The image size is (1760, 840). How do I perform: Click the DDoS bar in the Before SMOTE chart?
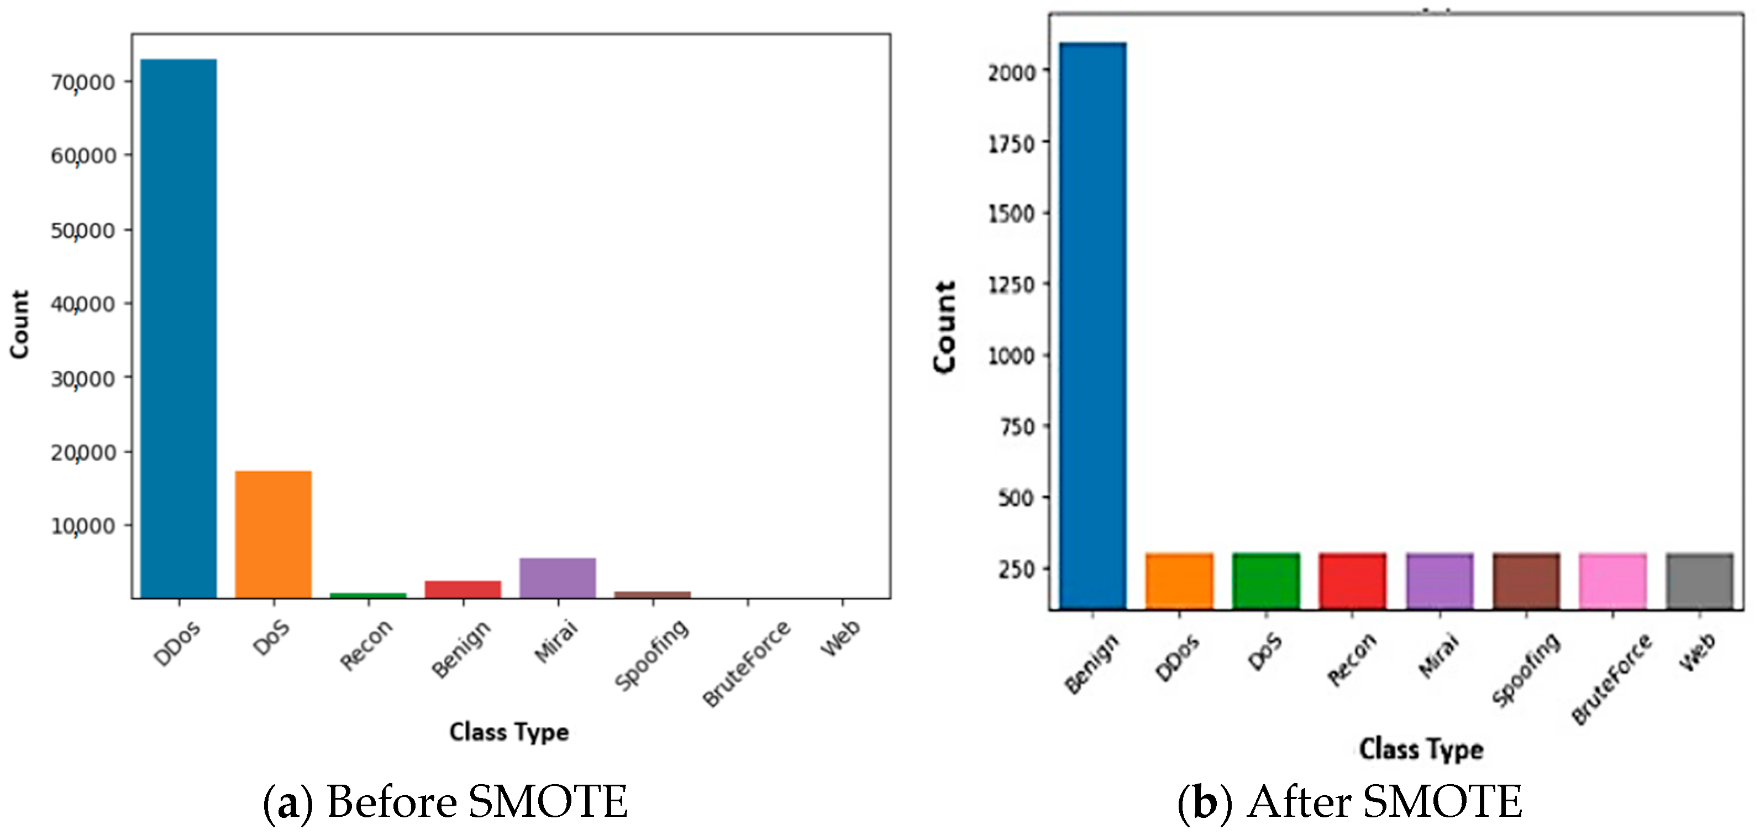click(178, 328)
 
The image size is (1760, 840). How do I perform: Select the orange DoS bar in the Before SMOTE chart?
click(274, 534)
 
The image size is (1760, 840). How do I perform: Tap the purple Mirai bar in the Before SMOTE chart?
click(558, 577)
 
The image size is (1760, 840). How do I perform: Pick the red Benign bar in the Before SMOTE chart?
click(463, 589)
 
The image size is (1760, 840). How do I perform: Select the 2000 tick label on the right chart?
click(1011, 72)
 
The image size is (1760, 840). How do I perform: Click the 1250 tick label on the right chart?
click(1011, 284)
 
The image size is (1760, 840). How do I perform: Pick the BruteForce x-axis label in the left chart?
click(747, 663)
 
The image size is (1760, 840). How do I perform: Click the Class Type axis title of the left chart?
click(509, 732)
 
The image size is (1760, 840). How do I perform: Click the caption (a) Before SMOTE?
click(445, 802)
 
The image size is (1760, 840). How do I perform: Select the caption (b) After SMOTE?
click(1349, 802)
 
